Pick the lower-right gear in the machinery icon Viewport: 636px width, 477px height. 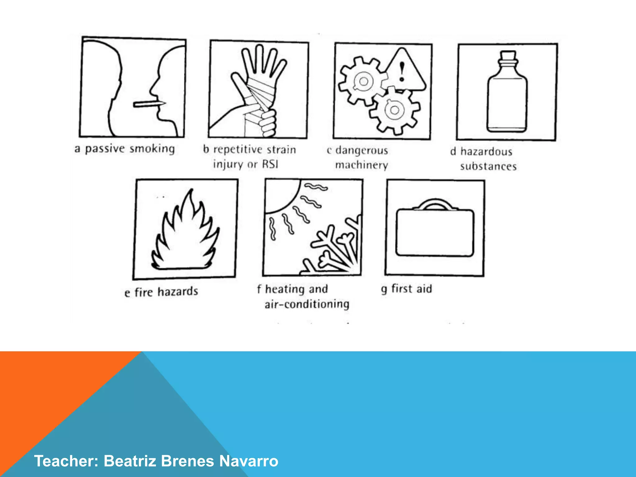pos(394,110)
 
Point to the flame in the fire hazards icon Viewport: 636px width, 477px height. pos(185,236)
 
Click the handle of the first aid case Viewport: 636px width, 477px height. pos(435,204)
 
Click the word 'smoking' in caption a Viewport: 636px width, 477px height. pos(152,149)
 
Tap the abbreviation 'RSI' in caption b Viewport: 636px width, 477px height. pos(270,164)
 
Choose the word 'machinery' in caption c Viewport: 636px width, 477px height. pos(361,165)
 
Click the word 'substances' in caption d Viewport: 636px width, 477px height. pos(488,166)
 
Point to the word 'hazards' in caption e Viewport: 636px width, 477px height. pos(178,292)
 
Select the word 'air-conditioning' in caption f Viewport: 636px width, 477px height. pos(307,304)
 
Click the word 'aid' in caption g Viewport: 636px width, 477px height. pos(424,289)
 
